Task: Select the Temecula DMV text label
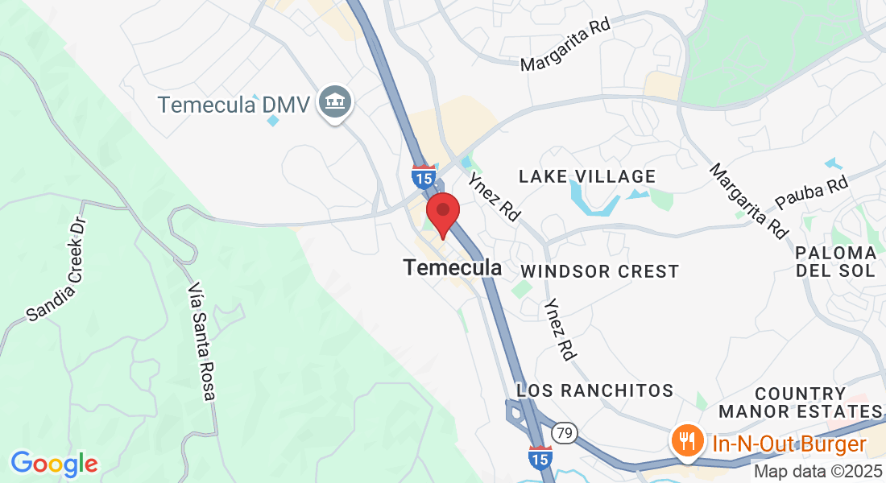coord(234,105)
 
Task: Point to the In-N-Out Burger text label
coord(789,443)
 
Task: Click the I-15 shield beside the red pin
coord(423,175)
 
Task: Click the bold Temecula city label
coord(453,268)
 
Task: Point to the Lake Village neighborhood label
coord(587,176)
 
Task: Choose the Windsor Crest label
coord(600,271)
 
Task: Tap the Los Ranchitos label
coord(595,390)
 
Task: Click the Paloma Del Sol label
coord(835,262)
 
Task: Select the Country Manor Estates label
coord(801,402)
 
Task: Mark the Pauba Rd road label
coord(812,193)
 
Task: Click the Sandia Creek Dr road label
coord(56,270)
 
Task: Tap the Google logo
coord(54,463)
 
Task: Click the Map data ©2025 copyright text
coord(817,471)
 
